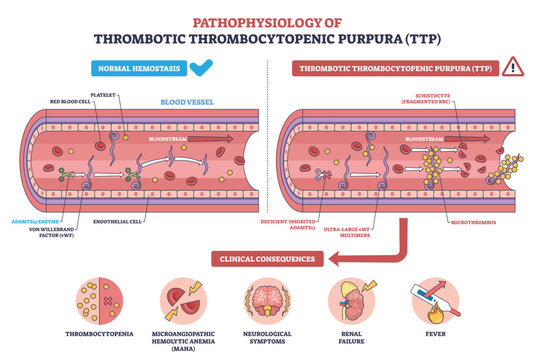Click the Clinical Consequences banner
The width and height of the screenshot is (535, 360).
267,259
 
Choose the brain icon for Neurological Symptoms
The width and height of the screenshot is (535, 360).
268,298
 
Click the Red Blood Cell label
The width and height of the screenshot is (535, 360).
62,101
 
